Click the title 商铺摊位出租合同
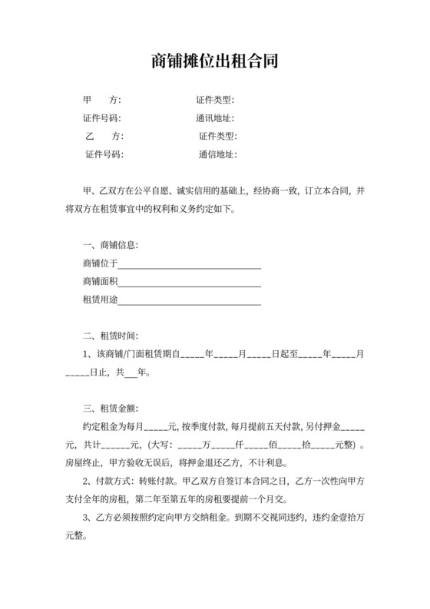coord(214,61)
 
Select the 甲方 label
coord(101,100)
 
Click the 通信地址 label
coord(217,154)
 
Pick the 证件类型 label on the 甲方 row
coord(214,100)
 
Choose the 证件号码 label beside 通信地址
coord(104,154)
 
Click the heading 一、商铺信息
coord(111,246)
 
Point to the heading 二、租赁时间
coord(111,336)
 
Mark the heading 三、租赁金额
coord(111,408)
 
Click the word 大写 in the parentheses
coord(164,445)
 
